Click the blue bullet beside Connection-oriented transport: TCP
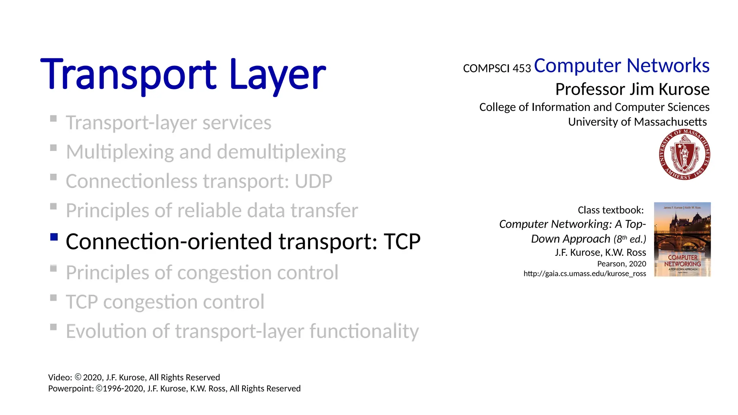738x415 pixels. (x=54, y=237)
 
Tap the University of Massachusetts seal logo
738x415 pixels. (x=684, y=155)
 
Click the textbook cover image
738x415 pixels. (x=682, y=239)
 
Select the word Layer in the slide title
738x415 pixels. (x=277, y=75)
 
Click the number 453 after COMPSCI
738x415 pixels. (x=521, y=68)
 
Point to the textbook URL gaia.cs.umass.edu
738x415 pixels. (x=584, y=273)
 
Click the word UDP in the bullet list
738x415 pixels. (x=313, y=181)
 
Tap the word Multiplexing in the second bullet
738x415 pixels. (x=120, y=152)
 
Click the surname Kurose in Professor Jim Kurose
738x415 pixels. (x=684, y=89)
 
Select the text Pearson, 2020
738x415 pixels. (x=621, y=264)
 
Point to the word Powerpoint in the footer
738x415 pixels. (x=71, y=388)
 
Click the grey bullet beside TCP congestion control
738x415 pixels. (x=53, y=298)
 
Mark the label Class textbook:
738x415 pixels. (x=610, y=210)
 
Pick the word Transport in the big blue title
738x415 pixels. (x=128, y=75)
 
